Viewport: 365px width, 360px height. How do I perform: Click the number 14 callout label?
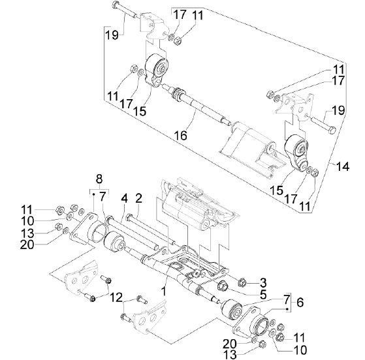pos(342,166)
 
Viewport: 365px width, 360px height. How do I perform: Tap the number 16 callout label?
pos(180,136)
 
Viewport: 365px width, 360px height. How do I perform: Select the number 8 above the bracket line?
pos(99,179)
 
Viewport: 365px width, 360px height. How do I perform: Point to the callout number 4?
pos(124,199)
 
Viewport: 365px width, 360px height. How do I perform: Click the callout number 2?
pos(138,199)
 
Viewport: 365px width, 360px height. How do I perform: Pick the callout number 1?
pos(165,291)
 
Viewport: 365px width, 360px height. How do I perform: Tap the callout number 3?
pos(262,283)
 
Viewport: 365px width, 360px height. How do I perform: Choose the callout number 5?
pos(262,295)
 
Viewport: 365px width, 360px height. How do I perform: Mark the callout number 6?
pos(300,303)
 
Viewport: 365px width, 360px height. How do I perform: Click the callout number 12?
pos(116,298)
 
